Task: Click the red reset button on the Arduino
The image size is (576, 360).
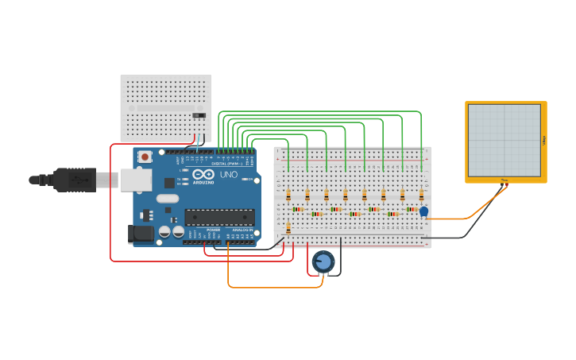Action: pyautogui.click(x=145, y=157)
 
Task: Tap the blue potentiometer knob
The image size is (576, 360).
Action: pyautogui.click(x=323, y=261)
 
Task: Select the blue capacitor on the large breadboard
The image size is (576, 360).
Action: pyautogui.click(x=423, y=211)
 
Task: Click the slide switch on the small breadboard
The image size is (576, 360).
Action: pyautogui.click(x=199, y=117)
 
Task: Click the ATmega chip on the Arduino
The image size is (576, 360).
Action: pyautogui.click(x=220, y=216)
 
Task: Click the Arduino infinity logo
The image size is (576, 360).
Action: pyautogui.click(x=203, y=175)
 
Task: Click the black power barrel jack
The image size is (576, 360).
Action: pyautogui.click(x=141, y=234)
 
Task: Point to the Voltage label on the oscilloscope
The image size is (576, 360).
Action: pyautogui.click(x=544, y=141)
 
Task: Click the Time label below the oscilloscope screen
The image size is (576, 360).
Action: pyautogui.click(x=504, y=180)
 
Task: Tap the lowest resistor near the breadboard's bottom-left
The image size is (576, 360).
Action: pyautogui.click(x=288, y=228)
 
